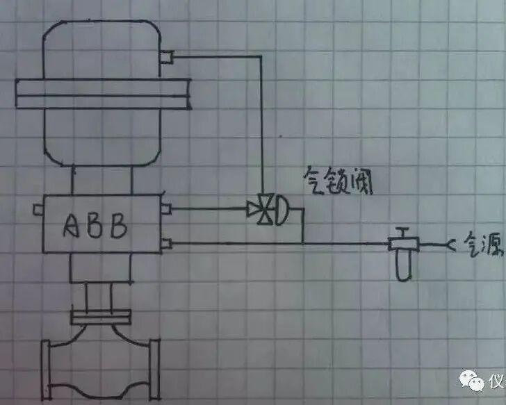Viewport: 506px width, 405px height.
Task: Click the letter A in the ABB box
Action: tap(75, 226)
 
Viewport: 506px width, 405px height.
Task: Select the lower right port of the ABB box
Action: tap(167, 242)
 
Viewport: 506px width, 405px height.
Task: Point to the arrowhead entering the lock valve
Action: tap(250, 208)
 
